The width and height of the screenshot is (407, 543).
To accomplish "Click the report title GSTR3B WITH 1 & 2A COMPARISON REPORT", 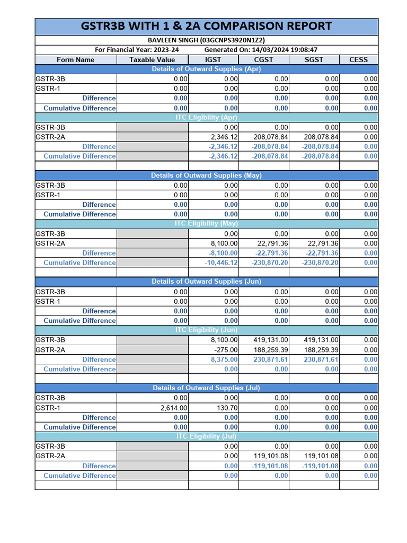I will click(x=207, y=26).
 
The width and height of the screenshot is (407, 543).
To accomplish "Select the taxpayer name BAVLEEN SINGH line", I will click(x=206, y=40).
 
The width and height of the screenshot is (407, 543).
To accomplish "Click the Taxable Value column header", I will click(x=152, y=59).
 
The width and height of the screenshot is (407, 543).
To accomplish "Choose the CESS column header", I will click(x=358, y=59).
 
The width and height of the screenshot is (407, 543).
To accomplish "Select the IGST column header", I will click(x=213, y=59).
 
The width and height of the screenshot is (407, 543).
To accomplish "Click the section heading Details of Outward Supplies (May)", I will click(x=206, y=176).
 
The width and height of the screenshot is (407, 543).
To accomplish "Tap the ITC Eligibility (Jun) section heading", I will click(x=206, y=330).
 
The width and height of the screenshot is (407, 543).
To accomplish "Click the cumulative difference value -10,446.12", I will click(x=223, y=262).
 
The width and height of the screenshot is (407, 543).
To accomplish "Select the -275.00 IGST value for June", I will click(x=227, y=350).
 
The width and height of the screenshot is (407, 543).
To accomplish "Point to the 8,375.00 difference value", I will click(x=225, y=360).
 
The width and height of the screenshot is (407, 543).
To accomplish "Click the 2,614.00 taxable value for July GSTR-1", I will click(x=174, y=408).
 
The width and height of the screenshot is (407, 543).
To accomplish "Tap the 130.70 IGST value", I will click(x=228, y=408).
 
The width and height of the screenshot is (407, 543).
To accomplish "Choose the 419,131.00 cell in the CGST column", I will click(x=271, y=340).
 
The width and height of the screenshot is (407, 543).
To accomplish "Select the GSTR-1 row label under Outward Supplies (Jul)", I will click(x=48, y=408).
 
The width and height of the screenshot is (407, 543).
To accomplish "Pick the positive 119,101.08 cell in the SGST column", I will click(x=321, y=456).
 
